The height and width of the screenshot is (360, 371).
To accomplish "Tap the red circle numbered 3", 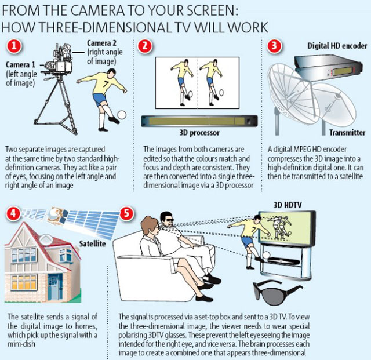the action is [x=274, y=45].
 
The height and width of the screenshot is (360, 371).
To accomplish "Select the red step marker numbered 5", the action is [x=126, y=213].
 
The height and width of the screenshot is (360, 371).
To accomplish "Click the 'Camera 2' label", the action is [x=102, y=43].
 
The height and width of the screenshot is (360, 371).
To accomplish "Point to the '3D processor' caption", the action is [x=199, y=133].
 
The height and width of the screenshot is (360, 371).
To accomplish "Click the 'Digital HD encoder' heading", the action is [x=337, y=46].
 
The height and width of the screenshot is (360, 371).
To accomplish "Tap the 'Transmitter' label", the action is [x=347, y=133].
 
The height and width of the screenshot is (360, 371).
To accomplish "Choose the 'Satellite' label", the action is [x=92, y=243].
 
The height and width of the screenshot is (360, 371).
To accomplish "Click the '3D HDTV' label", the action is [x=288, y=205].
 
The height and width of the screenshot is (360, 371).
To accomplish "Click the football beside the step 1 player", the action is [x=122, y=115].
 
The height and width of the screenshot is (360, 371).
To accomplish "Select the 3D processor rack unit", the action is [x=199, y=121].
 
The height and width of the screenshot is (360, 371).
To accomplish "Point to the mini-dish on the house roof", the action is [x=46, y=239].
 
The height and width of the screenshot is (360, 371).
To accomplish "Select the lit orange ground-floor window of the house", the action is [x=24, y=282].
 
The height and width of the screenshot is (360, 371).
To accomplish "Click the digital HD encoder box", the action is [x=328, y=66].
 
